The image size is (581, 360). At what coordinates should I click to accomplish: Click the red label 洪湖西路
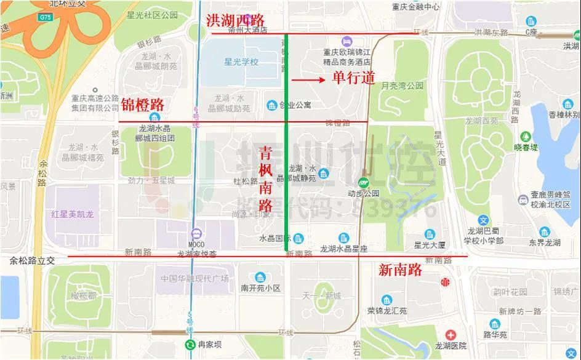click(x=236, y=21)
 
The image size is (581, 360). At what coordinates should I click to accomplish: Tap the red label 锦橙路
click(x=142, y=104)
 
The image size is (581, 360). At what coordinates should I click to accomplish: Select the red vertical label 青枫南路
click(x=266, y=179)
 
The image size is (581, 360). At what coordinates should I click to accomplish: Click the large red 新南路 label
click(x=400, y=270)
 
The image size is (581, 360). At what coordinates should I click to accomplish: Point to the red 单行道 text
click(x=353, y=78)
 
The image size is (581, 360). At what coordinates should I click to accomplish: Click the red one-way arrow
click(x=307, y=79)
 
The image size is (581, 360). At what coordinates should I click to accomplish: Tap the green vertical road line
click(x=286, y=154)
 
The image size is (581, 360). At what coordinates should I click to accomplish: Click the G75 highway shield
click(x=44, y=18)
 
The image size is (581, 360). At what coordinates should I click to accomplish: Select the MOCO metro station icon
click(x=196, y=233)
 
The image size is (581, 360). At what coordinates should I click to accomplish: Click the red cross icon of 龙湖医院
click(x=451, y=335)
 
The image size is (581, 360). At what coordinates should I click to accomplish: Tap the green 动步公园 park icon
click(x=363, y=182)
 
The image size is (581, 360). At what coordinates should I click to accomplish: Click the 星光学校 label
click(x=241, y=62)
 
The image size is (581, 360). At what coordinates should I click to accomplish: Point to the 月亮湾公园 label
click(x=403, y=86)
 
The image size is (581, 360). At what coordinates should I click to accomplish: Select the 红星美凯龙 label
click(x=73, y=214)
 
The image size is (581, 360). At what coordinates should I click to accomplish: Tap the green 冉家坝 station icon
click(x=190, y=345)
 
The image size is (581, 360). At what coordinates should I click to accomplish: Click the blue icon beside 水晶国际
click(x=299, y=238)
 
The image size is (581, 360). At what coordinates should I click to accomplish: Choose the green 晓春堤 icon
click(x=526, y=136)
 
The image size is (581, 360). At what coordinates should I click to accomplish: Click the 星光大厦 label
click(x=430, y=245)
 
